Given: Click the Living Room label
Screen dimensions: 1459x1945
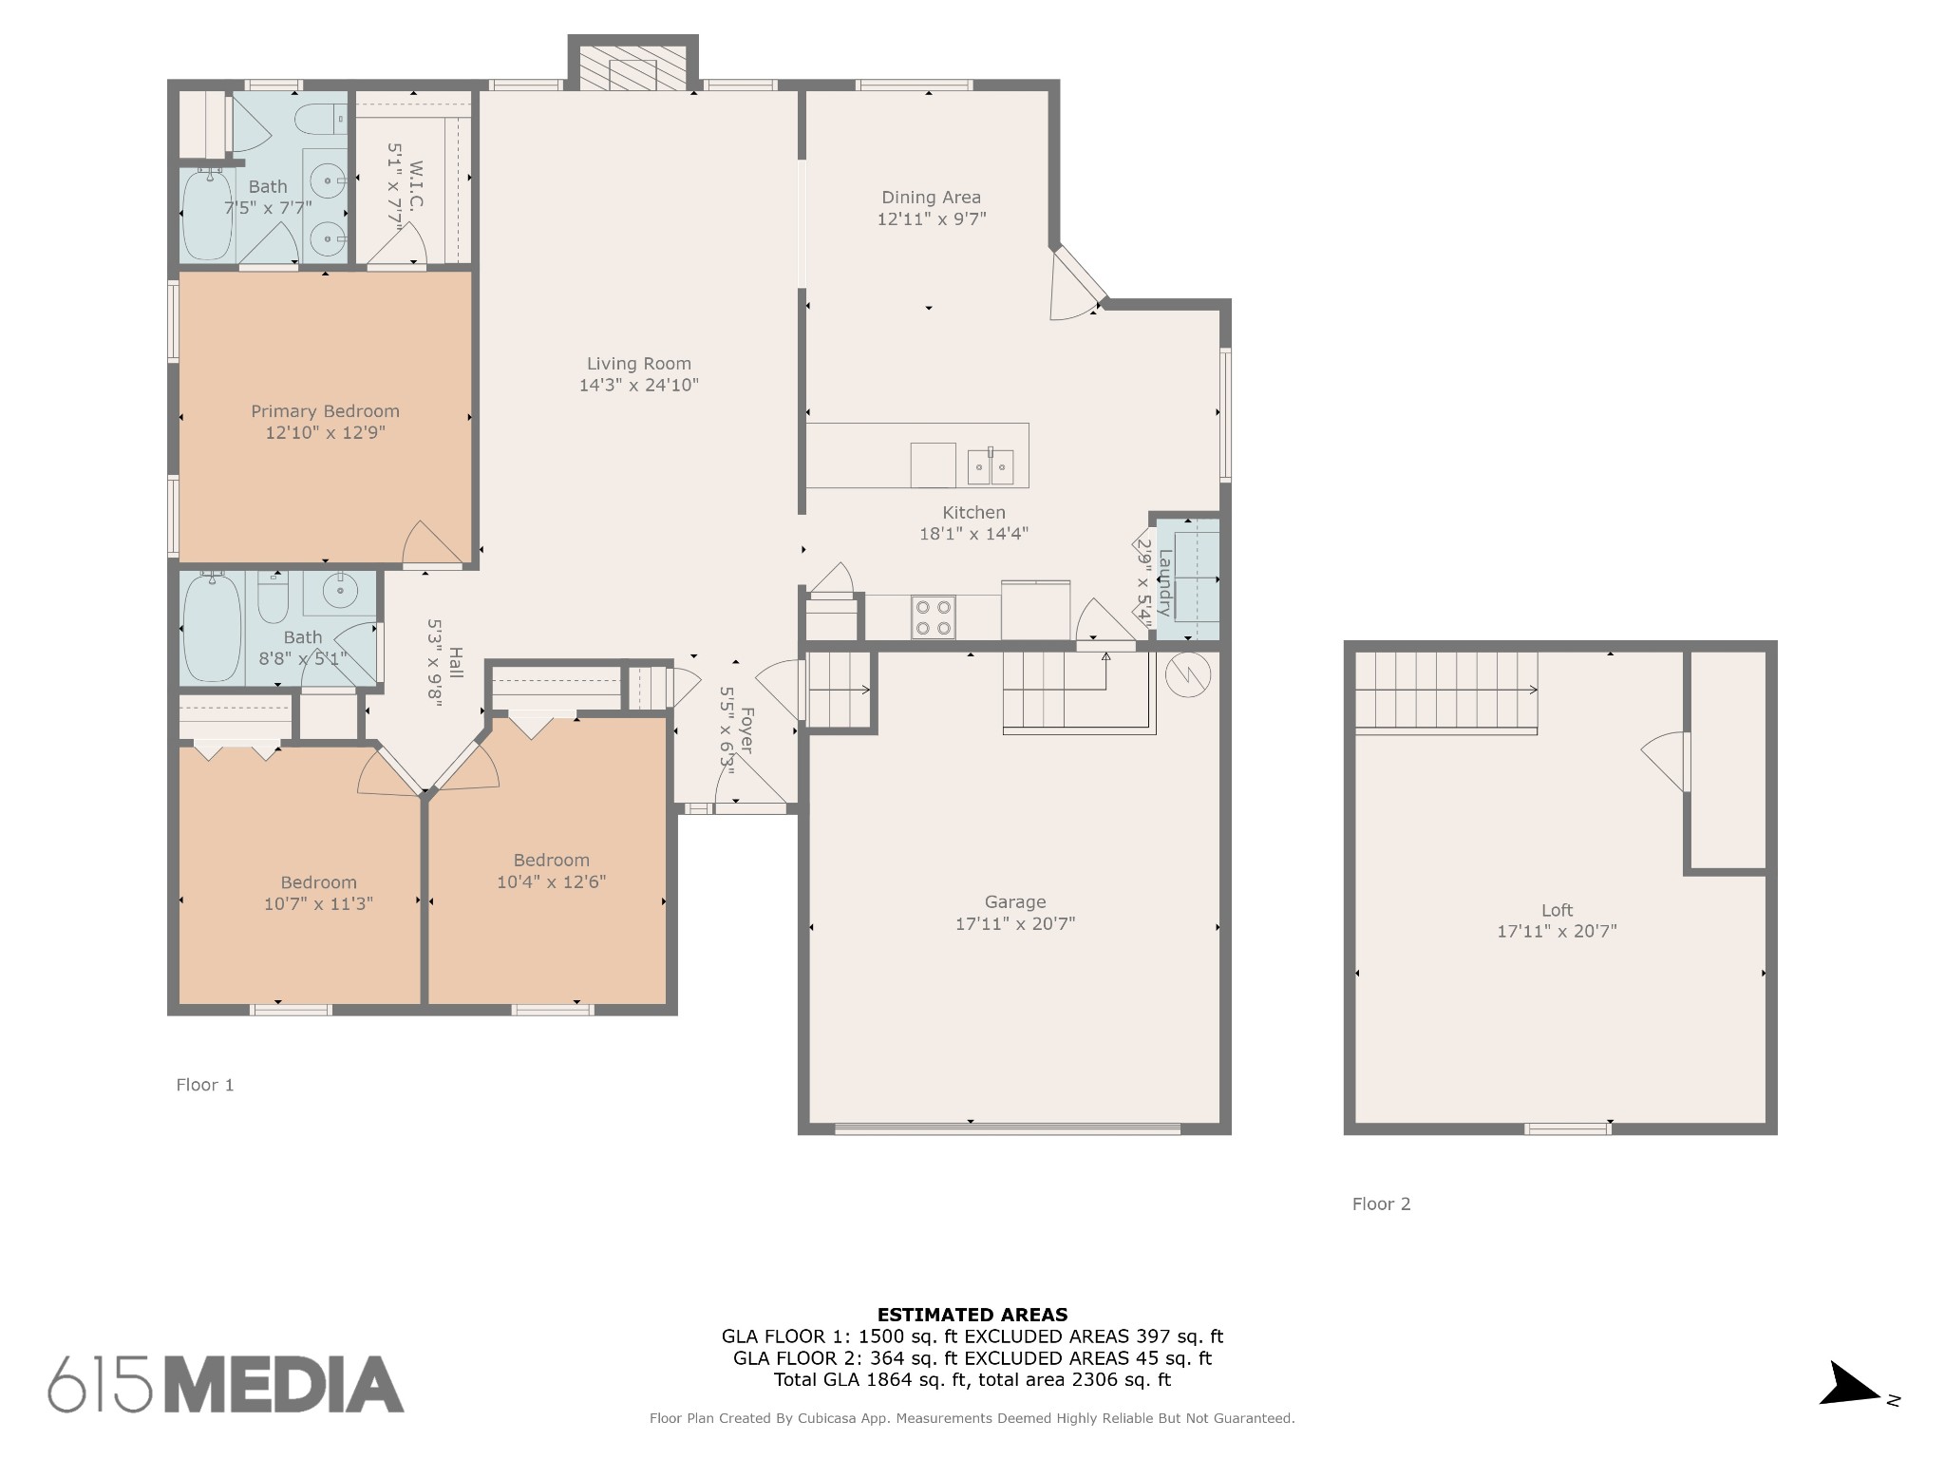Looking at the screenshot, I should point(638,364).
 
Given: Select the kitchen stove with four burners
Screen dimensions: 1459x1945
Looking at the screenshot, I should point(933,617).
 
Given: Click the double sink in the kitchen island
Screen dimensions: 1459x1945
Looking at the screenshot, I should point(990,466).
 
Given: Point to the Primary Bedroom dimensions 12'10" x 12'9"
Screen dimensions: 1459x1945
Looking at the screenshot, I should point(325,433).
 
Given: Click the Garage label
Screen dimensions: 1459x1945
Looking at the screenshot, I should point(1014,902).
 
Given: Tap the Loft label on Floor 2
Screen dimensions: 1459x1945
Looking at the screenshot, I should point(1557,910).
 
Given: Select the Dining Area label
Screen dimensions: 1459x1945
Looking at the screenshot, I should point(931,198).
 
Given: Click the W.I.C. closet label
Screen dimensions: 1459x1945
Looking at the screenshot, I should point(416,186).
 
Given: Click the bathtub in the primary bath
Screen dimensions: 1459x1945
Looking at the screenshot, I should point(207,215).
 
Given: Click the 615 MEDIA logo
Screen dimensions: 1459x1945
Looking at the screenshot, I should point(226,1384).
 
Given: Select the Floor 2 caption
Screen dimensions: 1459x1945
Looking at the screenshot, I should point(1381,1204).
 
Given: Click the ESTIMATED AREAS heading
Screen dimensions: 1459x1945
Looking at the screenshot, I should point(972,1316).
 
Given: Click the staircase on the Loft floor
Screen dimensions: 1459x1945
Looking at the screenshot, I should point(1445,692).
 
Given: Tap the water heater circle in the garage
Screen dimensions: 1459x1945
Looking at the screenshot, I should point(1187,673).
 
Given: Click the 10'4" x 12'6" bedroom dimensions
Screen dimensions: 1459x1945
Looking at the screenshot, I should point(551,881).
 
